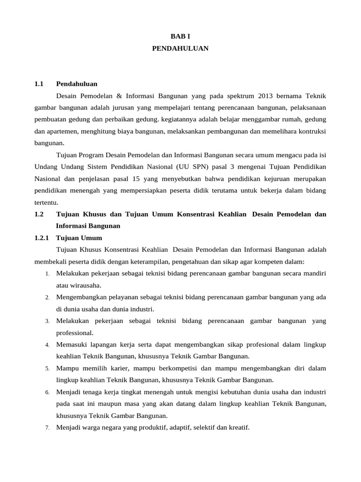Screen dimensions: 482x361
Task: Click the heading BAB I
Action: tap(180, 36)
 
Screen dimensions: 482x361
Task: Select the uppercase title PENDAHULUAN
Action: tap(180, 48)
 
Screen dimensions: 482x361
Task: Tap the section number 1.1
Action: tap(39, 84)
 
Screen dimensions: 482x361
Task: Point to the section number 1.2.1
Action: tap(42, 238)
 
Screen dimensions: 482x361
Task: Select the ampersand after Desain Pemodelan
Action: tap(118, 96)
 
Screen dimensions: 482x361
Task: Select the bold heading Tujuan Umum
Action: tap(79, 238)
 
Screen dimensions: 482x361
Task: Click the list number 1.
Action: tap(47, 274)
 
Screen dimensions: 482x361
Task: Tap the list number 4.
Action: tap(47, 345)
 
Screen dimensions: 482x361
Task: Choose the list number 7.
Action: tap(47, 428)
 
